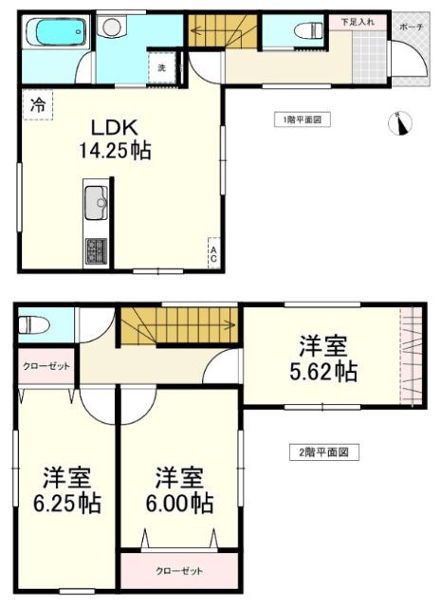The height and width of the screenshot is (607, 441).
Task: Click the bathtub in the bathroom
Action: click(56, 36)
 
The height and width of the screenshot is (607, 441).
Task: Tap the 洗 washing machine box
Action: click(161, 67)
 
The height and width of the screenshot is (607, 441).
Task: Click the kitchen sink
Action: click(97, 202)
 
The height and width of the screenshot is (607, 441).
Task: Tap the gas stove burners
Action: click(97, 251)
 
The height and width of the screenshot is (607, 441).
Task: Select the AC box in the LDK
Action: click(214, 253)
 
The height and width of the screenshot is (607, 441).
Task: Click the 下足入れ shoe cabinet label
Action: click(357, 20)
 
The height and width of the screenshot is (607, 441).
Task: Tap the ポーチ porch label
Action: click(411, 28)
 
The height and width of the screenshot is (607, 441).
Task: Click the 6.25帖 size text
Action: click(65, 502)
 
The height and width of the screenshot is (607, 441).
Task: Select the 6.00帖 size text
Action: click(178, 502)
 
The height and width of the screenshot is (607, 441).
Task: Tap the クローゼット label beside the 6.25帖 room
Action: click(45, 367)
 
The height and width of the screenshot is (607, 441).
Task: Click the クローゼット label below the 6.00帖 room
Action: click(179, 572)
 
